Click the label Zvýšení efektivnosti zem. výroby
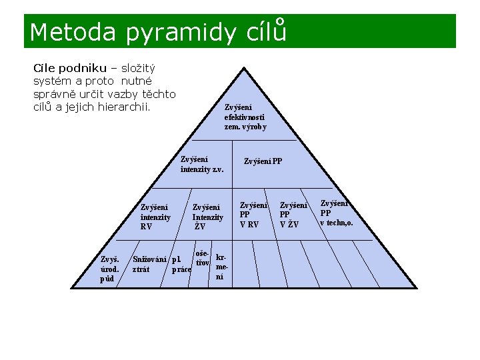[x=245, y=117]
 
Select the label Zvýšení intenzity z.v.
[x=201, y=164]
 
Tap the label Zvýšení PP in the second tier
[x=263, y=161]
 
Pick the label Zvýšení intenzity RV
[x=155, y=217]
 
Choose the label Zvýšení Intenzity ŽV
[x=207, y=217]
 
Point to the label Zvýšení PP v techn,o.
[x=336, y=213]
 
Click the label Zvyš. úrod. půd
[x=110, y=269]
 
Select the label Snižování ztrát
[x=149, y=265]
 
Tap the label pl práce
[x=181, y=265]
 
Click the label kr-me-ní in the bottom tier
[x=221, y=266]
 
